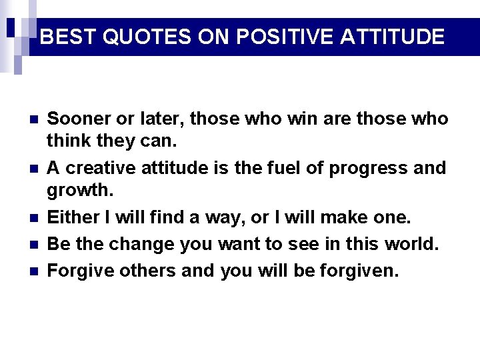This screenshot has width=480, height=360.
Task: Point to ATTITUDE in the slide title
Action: [392, 37]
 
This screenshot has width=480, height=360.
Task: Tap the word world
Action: [412, 245]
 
